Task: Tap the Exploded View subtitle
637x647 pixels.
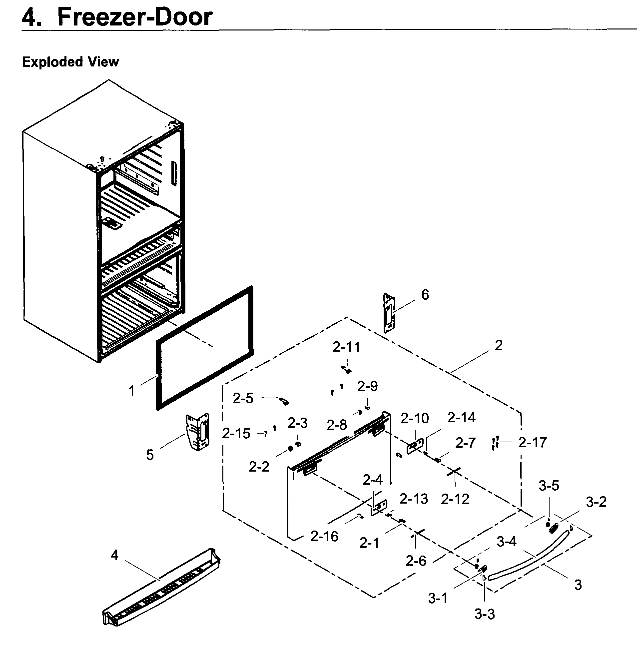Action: click(70, 62)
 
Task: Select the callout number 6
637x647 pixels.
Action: click(425, 295)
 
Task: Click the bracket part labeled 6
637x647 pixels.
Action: click(389, 313)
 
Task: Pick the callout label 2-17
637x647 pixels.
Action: click(532, 442)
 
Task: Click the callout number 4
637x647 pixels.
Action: click(114, 555)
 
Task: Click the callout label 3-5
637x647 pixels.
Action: click(549, 485)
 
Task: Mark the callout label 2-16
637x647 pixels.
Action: click(324, 536)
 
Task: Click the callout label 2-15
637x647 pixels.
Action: click(236, 434)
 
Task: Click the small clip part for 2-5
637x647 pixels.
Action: click(284, 401)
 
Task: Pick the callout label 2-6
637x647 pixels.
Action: click(416, 561)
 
